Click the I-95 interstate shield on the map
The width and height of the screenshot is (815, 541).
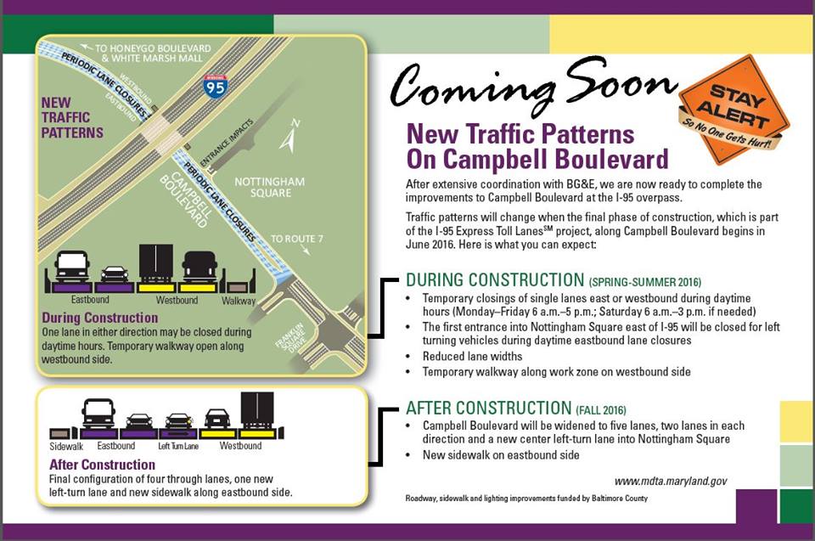click(215, 85)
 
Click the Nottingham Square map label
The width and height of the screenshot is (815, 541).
click(270, 187)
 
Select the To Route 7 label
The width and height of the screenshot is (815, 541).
click(297, 239)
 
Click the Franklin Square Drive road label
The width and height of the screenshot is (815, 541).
click(290, 338)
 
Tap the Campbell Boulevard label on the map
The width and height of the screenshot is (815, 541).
click(185, 200)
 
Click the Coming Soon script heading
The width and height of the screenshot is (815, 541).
click(533, 85)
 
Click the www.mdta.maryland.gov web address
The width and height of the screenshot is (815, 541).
click(671, 482)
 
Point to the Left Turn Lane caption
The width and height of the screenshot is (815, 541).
click(178, 447)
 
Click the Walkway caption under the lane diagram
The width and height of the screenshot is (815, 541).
click(239, 301)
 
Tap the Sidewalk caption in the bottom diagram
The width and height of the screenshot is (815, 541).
click(66, 447)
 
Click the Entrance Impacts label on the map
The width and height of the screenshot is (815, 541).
click(227, 142)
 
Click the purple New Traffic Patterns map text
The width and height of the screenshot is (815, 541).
click(72, 117)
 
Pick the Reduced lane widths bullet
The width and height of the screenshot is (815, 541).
click(472, 357)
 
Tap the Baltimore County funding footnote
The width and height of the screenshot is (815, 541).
click(526, 499)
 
